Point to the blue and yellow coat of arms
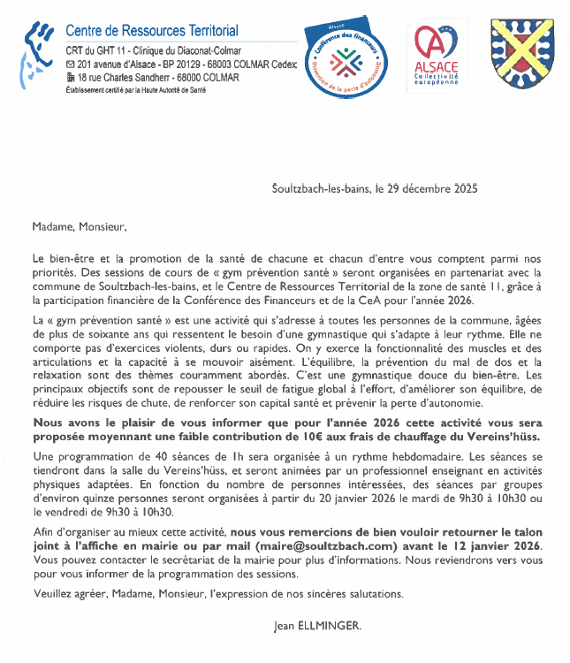[x=521, y=52]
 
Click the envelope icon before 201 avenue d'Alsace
[x=71, y=65]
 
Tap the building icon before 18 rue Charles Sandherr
[x=71, y=78]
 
